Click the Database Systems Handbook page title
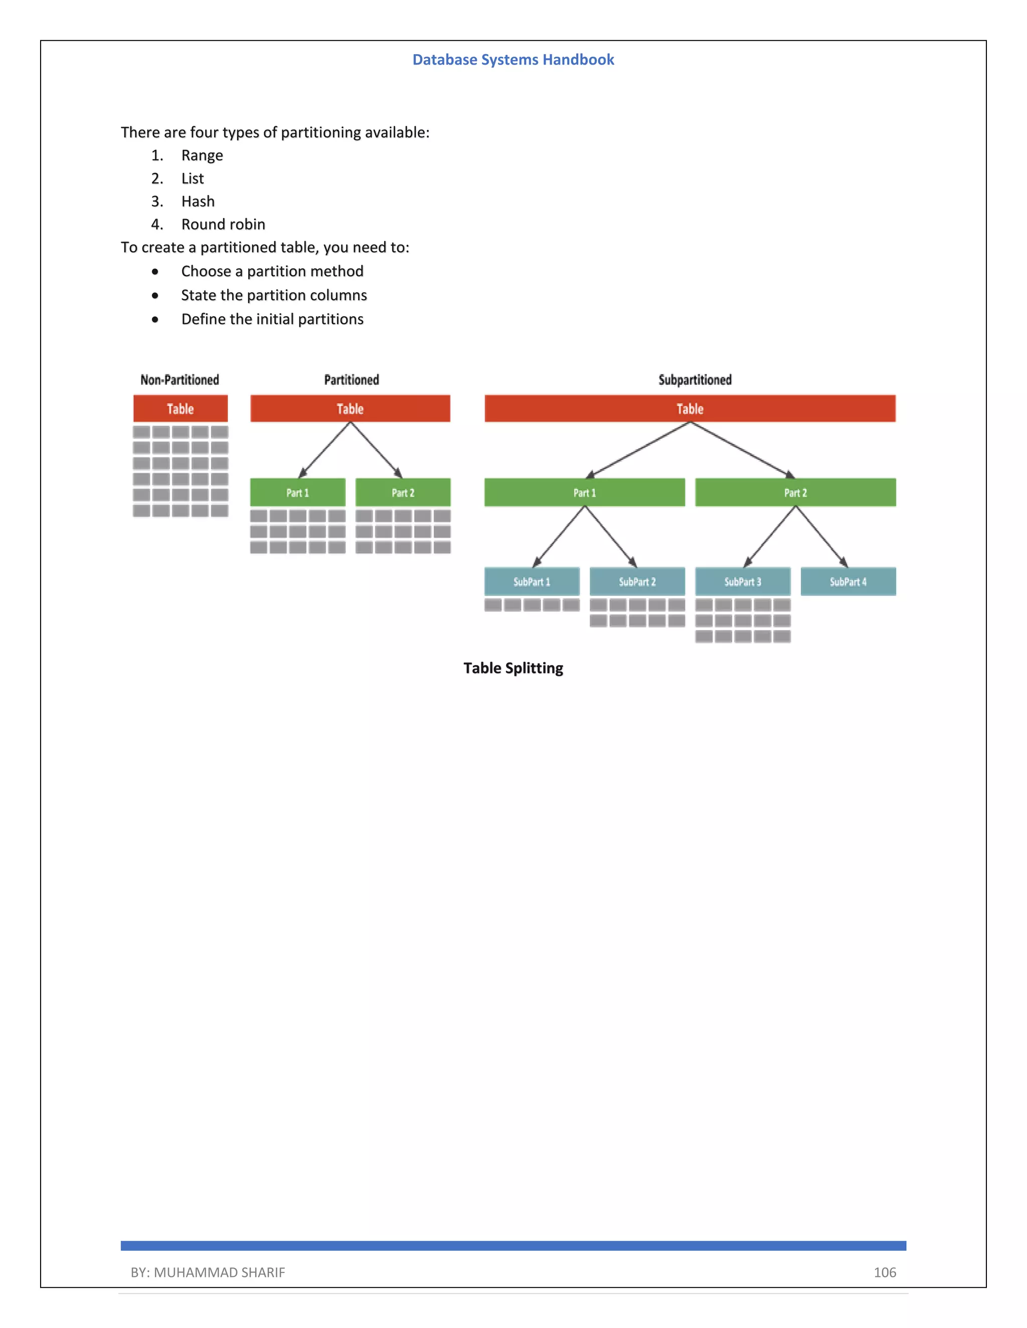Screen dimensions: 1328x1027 click(x=513, y=60)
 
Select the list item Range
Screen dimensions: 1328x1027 click(x=202, y=156)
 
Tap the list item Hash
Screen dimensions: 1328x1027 click(x=198, y=201)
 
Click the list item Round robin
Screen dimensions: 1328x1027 click(x=223, y=225)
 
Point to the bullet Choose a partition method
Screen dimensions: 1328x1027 click(x=272, y=271)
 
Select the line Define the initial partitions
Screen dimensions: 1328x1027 click(x=272, y=319)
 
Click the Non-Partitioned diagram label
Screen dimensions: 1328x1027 click(x=180, y=380)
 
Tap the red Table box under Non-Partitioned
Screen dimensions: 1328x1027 click(x=180, y=408)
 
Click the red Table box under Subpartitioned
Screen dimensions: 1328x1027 click(x=690, y=408)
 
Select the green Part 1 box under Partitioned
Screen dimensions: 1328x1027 click(x=297, y=493)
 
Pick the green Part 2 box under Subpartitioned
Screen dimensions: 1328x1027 click(x=795, y=493)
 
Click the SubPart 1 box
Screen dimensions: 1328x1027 click(x=532, y=582)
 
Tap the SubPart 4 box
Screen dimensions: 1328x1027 click(x=847, y=582)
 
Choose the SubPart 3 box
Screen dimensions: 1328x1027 click(x=742, y=582)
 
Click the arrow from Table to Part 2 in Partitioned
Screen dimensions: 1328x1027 click(x=376, y=450)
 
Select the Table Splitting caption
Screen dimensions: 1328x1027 click(x=513, y=668)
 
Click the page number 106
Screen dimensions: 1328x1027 click(x=885, y=1272)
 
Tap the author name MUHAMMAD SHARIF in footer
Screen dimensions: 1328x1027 click(x=219, y=1272)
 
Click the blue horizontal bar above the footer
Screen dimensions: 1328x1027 click(x=513, y=1245)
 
